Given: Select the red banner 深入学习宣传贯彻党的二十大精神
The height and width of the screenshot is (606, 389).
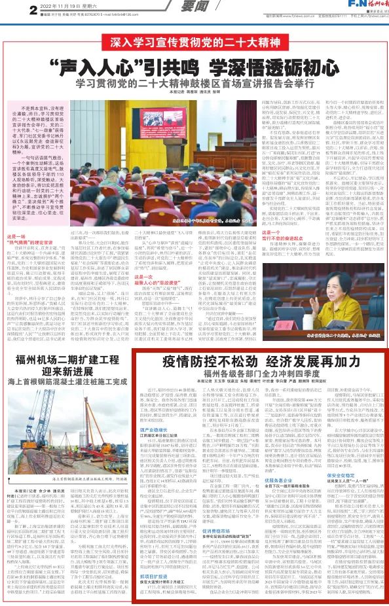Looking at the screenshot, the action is [x=194, y=45].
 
